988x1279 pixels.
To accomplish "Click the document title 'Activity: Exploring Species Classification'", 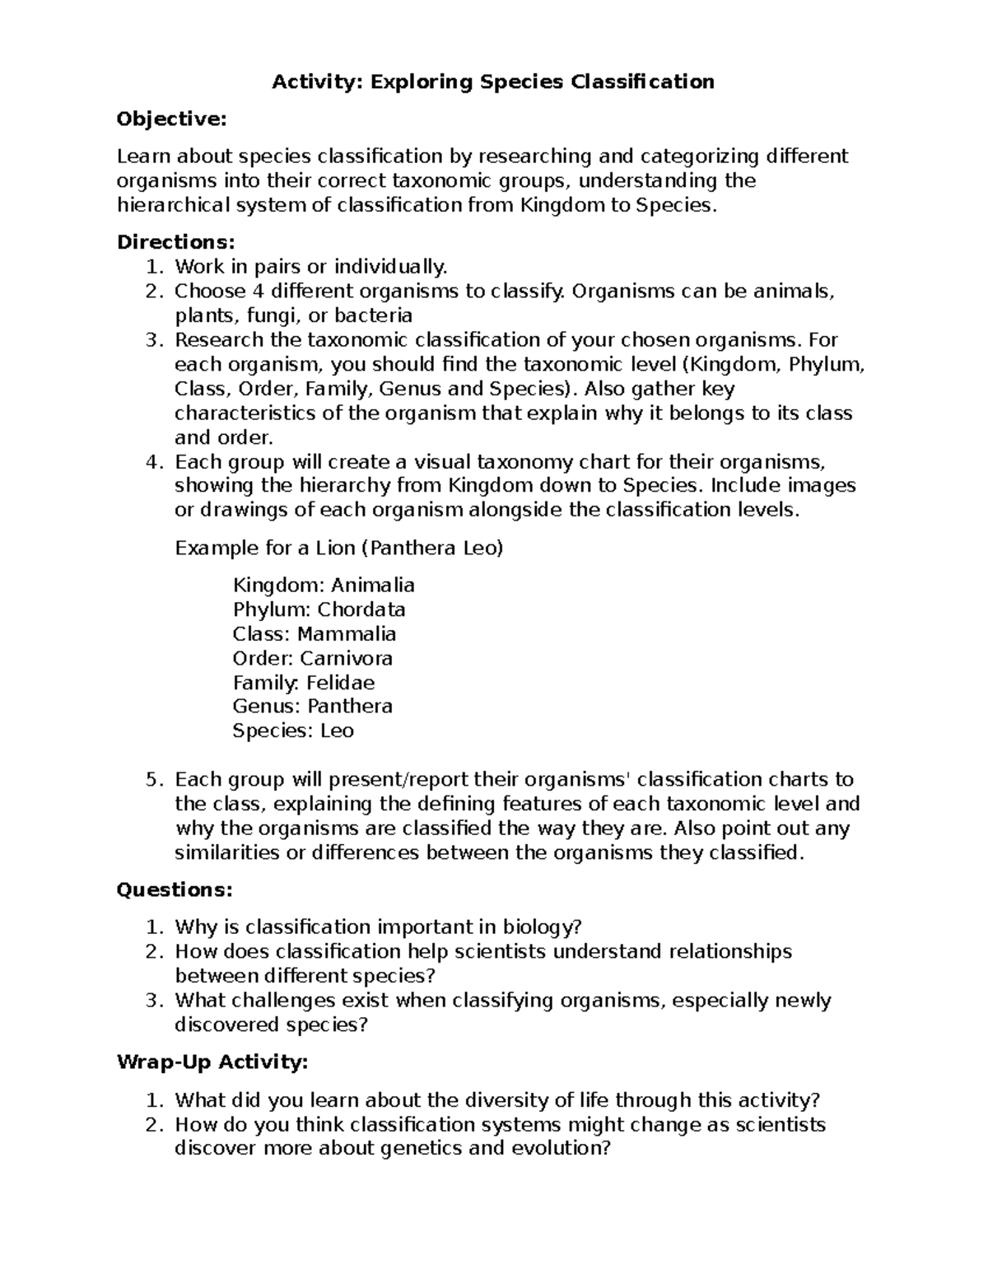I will [493, 82].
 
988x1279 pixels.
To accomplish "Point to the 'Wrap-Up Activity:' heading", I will [212, 1062].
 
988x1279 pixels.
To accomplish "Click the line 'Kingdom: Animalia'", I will [324, 586].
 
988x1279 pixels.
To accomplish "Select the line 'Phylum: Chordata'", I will [319, 609].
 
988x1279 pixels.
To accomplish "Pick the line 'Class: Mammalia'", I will [315, 634].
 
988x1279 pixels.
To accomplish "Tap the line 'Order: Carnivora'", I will [313, 658].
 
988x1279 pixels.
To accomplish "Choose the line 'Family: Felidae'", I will [304, 683].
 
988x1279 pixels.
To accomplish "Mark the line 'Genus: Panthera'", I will [313, 707].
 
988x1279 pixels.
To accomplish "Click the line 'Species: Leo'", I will [293, 731].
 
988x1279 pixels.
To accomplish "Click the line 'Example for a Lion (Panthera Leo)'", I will [338, 548].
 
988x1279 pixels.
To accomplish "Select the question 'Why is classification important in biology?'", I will [379, 927].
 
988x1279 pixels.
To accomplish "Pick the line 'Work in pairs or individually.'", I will [311, 267].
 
